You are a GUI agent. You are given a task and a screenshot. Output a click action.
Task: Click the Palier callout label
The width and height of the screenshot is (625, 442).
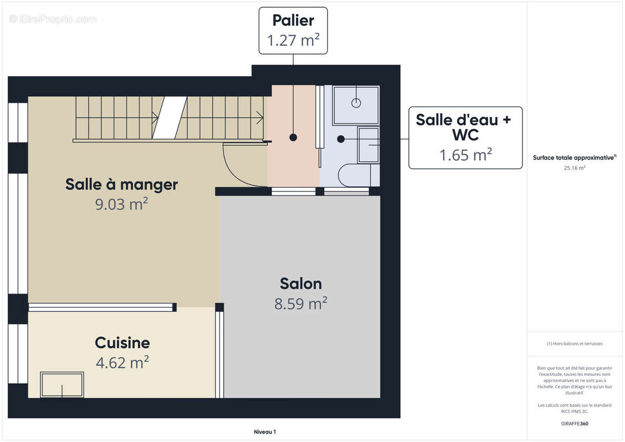[x=293, y=20]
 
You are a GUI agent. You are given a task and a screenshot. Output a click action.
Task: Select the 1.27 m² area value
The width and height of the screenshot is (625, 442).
[x=293, y=41]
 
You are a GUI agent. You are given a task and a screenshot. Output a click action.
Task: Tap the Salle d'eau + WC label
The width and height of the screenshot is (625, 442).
[x=463, y=127]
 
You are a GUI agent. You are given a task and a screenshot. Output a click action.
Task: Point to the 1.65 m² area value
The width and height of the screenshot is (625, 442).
[x=465, y=155]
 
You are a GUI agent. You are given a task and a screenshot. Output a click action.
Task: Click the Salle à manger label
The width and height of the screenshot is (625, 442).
[x=122, y=184]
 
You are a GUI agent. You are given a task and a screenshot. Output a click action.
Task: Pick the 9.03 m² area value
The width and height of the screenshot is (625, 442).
[x=122, y=204]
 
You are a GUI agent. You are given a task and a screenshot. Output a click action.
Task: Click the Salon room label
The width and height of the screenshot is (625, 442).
[x=301, y=283]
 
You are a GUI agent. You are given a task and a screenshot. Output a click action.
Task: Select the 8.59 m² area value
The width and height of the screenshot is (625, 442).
[x=301, y=303]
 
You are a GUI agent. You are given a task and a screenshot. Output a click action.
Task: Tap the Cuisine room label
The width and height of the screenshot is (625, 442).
[x=122, y=343]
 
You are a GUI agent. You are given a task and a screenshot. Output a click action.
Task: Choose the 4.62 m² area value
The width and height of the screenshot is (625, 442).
[x=122, y=362]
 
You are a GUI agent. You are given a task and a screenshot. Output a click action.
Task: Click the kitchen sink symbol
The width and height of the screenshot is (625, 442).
[x=62, y=385]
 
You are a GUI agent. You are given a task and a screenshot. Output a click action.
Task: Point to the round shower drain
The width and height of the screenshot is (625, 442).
[x=356, y=103]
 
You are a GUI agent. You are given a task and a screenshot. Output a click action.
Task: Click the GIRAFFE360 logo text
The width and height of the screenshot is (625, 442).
[x=575, y=424]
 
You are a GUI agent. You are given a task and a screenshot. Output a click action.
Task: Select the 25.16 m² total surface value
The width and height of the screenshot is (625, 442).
[x=575, y=168]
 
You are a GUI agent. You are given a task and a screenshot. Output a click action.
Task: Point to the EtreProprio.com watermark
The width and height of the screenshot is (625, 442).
[x=53, y=19]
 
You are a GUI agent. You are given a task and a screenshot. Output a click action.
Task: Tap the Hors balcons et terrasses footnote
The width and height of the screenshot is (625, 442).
[x=575, y=344]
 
